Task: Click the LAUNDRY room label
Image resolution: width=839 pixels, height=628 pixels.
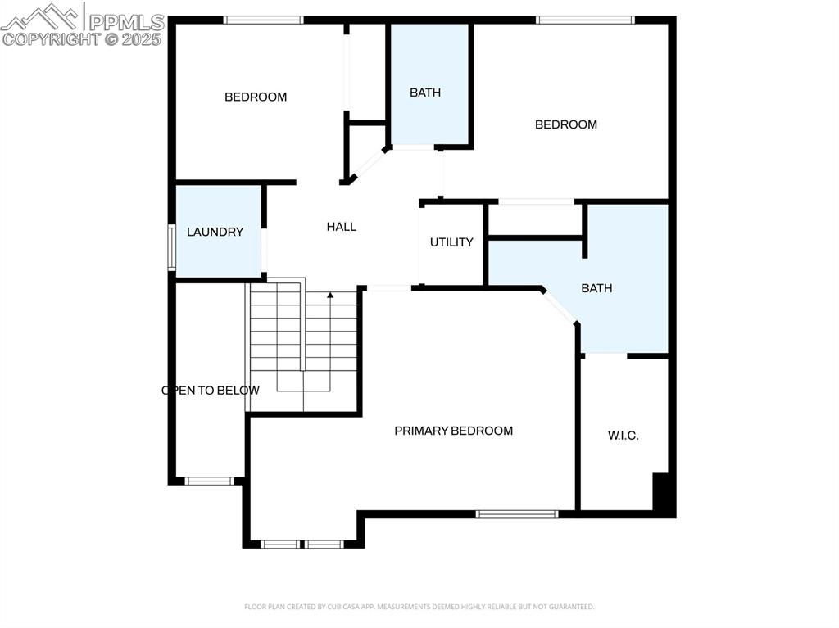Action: point(215,232)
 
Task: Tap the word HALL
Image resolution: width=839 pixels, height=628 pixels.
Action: point(341,227)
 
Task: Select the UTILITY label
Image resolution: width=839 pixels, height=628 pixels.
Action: point(451,242)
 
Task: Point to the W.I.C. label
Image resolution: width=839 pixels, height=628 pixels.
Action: point(623,436)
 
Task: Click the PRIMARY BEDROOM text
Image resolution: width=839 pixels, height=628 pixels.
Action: point(453,431)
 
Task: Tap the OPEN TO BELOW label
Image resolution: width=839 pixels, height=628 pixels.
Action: point(211,391)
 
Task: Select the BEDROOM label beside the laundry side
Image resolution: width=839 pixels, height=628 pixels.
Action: point(256,97)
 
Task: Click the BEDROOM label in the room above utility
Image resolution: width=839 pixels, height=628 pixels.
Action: point(565,124)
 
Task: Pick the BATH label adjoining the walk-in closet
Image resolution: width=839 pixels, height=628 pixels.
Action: point(596,288)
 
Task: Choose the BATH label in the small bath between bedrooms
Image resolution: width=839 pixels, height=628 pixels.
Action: point(425,93)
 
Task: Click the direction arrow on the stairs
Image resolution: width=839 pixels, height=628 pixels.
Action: point(330,296)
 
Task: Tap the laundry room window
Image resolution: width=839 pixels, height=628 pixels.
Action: point(172,247)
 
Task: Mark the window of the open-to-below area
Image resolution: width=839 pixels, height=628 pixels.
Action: point(209,481)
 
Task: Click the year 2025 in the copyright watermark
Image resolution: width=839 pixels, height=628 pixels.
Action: point(143,38)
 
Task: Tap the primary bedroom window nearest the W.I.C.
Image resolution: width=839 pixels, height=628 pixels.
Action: point(517,514)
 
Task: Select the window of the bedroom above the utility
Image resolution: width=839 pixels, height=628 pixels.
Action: point(585,20)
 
